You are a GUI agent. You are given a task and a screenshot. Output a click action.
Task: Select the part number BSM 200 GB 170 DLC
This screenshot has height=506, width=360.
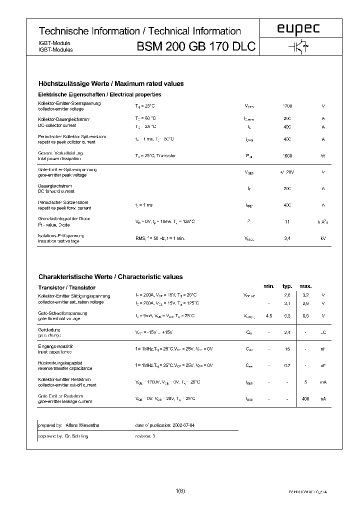point(196,47)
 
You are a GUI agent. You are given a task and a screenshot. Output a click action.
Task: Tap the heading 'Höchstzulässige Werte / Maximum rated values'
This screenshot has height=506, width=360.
point(111,83)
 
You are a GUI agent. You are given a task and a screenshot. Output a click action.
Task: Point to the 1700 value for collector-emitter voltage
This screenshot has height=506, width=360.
point(287,106)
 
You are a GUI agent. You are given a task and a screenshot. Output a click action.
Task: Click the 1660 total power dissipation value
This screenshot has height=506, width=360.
point(287,155)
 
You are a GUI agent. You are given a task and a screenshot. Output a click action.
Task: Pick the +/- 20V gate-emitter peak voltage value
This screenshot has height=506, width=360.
point(287,172)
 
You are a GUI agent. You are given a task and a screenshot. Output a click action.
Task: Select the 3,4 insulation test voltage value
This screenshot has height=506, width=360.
point(287,238)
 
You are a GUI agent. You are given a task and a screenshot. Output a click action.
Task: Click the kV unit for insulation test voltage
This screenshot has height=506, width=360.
point(323,238)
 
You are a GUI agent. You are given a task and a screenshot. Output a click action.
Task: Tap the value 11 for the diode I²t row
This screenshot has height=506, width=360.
point(287,221)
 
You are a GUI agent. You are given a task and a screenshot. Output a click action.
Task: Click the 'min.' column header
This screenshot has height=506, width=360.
point(269,286)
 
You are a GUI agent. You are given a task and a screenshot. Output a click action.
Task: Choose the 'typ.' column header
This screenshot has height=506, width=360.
point(287,286)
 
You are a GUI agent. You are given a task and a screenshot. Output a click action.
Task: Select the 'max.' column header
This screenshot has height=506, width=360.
point(305,286)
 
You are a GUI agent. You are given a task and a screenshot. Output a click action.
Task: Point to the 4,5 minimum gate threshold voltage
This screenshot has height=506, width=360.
point(269,315)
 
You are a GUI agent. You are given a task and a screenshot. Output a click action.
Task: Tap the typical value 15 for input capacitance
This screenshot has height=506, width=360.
point(287,349)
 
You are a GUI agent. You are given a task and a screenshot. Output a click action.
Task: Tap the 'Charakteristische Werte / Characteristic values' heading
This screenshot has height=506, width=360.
point(110,276)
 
